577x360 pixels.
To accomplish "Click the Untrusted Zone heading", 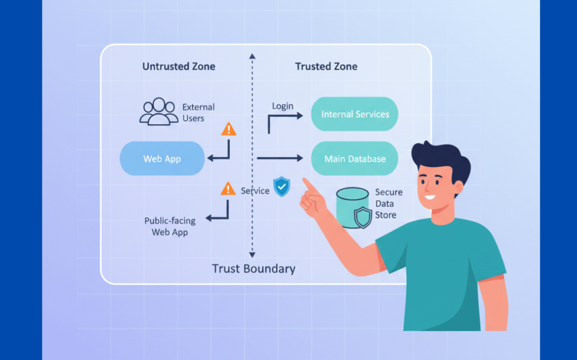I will [x=179, y=66].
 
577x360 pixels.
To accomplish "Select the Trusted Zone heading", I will [x=326, y=66].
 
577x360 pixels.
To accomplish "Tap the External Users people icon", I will [x=158, y=112].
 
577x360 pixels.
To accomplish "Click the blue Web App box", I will [x=162, y=158].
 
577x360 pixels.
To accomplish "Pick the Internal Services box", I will [x=354, y=114].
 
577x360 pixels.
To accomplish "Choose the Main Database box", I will [x=354, y=158].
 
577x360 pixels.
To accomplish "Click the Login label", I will [x=282, y=106].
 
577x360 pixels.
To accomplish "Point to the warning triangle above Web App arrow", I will [x=229, y=130].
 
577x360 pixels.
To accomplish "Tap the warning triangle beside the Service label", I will [x=228, y=188].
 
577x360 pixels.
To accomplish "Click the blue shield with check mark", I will [x=281, y=186].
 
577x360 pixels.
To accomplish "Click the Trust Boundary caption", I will [x=253, y=268].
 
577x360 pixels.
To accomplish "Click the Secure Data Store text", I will [x=388, y=203].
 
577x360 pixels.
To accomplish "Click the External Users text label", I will [x=198, y=112].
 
